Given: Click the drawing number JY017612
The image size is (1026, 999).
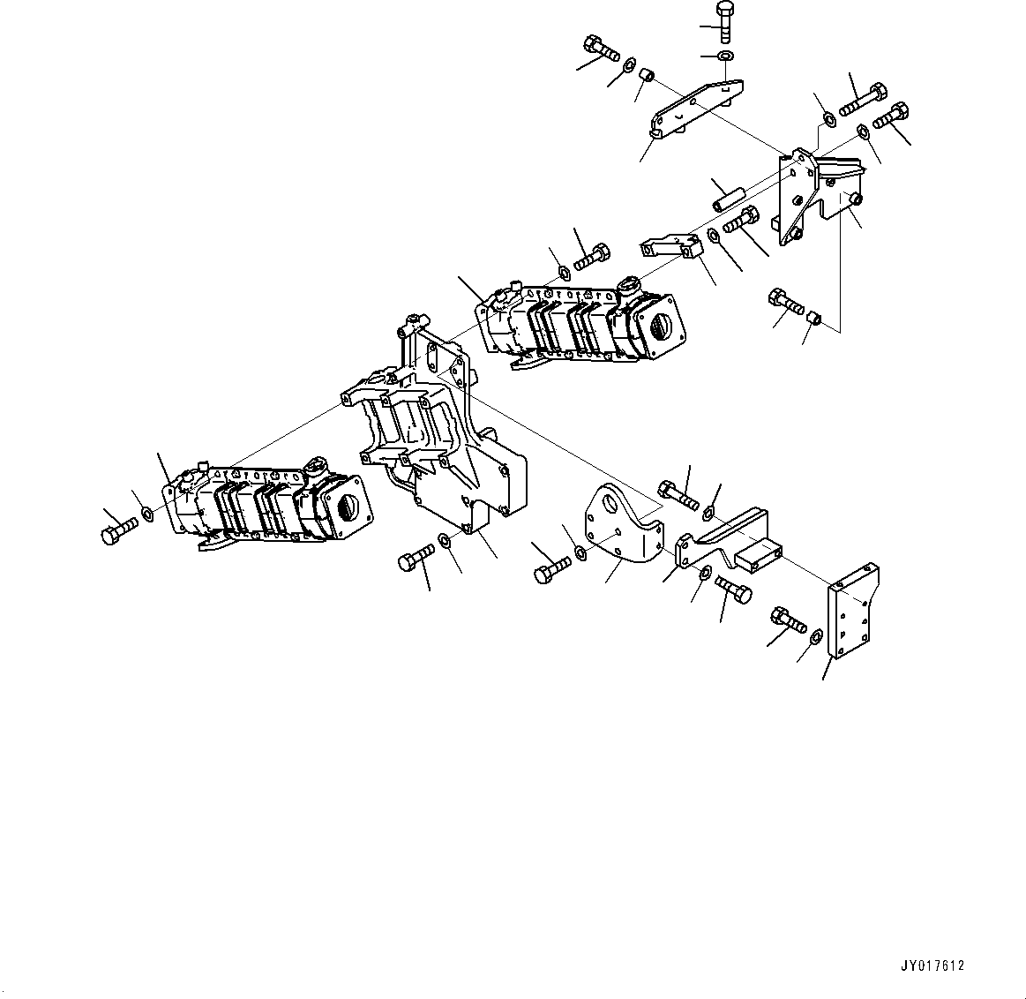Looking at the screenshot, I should pos(933,965).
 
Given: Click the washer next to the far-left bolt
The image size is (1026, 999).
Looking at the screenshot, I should pos(147,514).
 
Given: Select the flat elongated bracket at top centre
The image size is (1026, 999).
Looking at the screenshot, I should pos(697,108).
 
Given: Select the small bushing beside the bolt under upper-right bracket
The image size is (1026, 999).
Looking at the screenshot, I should pos(816,317).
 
